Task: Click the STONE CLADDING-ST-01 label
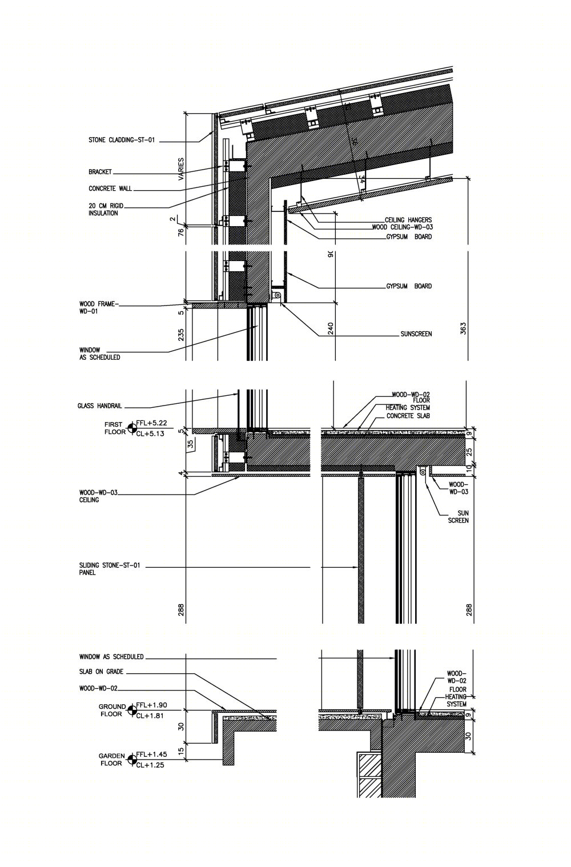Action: click(122, 140)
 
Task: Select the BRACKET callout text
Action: click(100, 171)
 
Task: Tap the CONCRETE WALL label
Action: click(110, 188)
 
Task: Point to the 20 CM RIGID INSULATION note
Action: click(106, 210)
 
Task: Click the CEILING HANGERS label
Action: click(408, 220)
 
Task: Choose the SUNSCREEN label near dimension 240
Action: click(416, 334)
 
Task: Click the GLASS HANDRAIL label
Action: click(100, 406)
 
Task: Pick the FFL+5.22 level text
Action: click(152, 423)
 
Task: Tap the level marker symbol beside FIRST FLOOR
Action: click(131, 428)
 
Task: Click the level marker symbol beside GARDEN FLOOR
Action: click(131, 759)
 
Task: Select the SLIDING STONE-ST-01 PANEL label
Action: click(110, 569)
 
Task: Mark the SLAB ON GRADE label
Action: click(102, 672)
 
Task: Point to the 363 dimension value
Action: click(464, 328)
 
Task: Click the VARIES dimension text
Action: click(181, 169)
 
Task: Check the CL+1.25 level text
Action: click(150, 765)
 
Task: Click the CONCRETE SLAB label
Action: click(408, 416)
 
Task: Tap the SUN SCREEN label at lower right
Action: click(459, 517)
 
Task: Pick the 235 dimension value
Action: click(181, 335)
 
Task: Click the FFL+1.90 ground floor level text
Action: click(152, 705)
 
